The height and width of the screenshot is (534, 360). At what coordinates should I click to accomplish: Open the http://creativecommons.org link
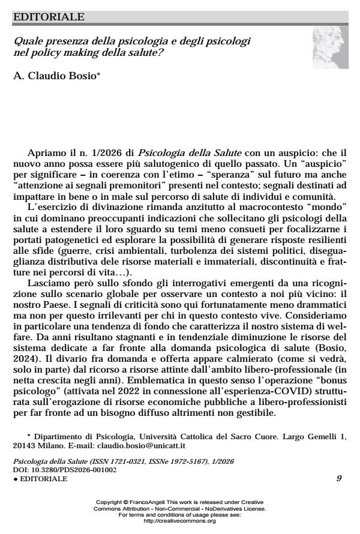tap(180, 521)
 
